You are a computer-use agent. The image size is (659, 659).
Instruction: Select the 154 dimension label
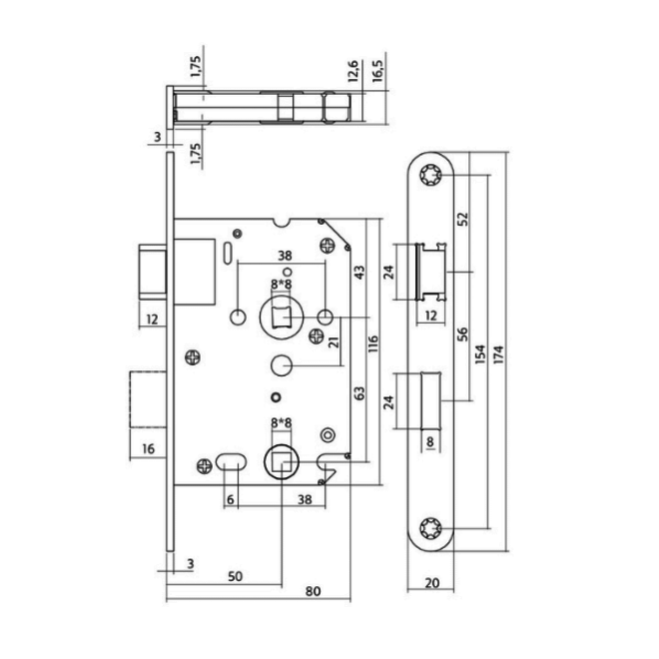480,353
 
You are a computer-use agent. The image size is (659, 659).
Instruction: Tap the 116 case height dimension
373,343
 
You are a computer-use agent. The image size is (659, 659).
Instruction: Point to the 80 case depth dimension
314,591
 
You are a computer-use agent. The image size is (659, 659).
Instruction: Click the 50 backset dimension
236,576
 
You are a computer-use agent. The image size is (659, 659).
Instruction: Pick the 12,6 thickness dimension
353,71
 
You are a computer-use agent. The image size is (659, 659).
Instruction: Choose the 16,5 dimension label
377,71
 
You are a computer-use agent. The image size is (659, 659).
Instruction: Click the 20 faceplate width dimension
432,583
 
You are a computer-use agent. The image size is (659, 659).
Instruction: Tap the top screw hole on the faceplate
430,175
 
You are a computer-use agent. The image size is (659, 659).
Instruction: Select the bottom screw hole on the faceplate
430,528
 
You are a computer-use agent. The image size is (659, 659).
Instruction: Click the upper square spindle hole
282,317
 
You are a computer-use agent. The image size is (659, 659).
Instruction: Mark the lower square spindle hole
282,462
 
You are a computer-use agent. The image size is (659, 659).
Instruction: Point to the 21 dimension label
333,341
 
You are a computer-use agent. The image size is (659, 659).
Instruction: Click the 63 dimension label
359,393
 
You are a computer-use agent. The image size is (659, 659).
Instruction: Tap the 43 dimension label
359,273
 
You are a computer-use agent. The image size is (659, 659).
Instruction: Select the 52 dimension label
462,219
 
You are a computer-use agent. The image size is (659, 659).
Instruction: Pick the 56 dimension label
462,334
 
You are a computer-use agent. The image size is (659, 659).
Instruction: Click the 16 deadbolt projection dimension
149,449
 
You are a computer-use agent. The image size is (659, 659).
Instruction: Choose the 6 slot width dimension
230,499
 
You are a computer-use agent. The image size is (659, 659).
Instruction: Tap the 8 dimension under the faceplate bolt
429,441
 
